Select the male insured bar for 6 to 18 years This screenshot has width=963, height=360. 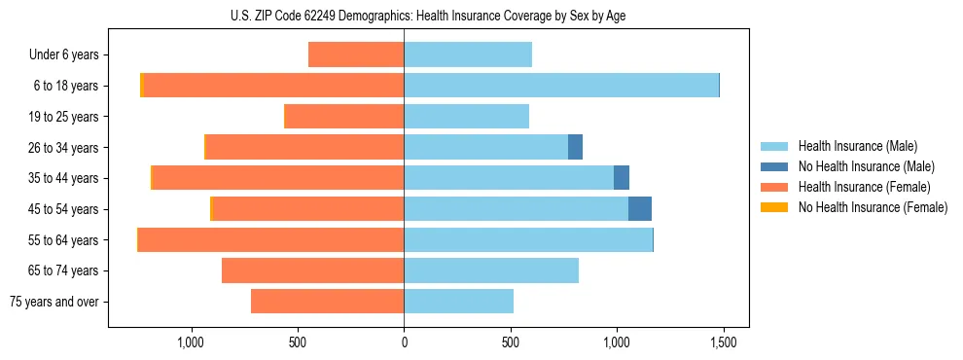pyautogui.click(x=561, y=86)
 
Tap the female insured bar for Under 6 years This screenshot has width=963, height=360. pyautogui.click(x=356, y=54)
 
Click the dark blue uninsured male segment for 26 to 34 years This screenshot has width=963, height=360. pyautogui.click(x=575, y=147)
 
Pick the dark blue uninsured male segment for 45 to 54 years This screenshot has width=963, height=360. pyautogui.click(x=640, y=208)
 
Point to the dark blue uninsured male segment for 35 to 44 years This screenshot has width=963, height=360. pyautogui.click(x=622, y=178)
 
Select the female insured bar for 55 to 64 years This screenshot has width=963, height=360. pyautogui.click(x=270, y=239)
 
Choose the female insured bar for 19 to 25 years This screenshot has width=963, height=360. pyautogui.click(x=344, y=117)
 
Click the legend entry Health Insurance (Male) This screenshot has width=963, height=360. pyautogui.click(x=857, y=146)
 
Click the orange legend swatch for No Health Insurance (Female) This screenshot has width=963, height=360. pyautogui.click(x=774, y=207)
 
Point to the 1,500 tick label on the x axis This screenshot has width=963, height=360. pyautogui.click(x=723, y=343)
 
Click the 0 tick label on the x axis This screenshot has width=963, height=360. pyautogui.click(x=404, y=343)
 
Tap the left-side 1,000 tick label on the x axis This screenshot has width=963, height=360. pyautogui.click(x=191, y=343)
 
